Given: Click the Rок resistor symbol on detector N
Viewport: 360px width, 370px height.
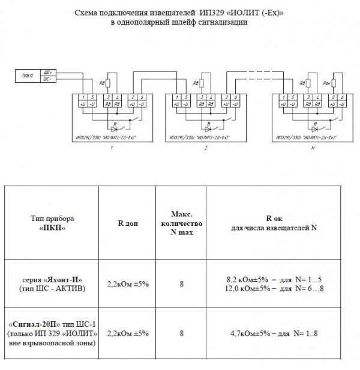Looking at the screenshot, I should click(334, 83).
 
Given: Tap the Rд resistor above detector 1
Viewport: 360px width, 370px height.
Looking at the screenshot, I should click(109, 84).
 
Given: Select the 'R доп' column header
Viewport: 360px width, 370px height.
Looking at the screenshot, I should click(128, 223).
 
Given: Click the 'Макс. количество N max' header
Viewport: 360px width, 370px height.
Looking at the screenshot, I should click(181, 223).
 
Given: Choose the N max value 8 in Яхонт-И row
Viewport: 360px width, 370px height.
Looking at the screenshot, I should click(181, 285).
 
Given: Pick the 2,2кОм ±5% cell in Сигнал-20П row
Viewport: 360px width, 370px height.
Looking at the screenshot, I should click(128, 333).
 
